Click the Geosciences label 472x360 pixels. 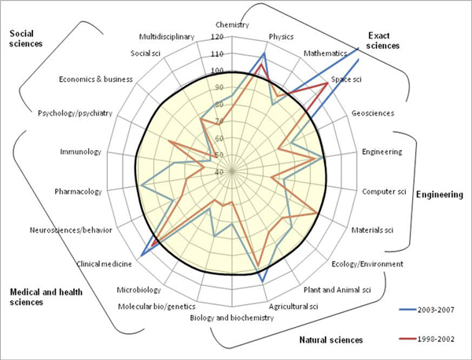[x=373, y=113]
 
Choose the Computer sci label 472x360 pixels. [x=383, y=191]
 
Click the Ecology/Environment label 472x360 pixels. [x=367, y=264]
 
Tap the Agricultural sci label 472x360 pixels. [x=293, y=305]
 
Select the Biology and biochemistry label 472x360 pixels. [x=232, y=318]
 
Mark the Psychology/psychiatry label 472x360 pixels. [x=76, y=113]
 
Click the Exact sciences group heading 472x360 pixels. [x=384, y=40]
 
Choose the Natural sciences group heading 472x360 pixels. [x=331, y=340]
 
